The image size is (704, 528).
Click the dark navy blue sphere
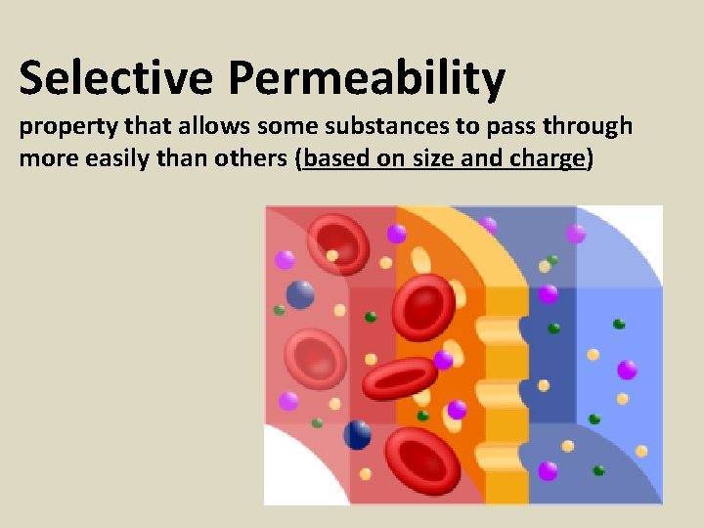[358, 434]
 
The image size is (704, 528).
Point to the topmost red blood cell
[337, 243]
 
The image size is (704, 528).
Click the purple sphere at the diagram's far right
[627, 370]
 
